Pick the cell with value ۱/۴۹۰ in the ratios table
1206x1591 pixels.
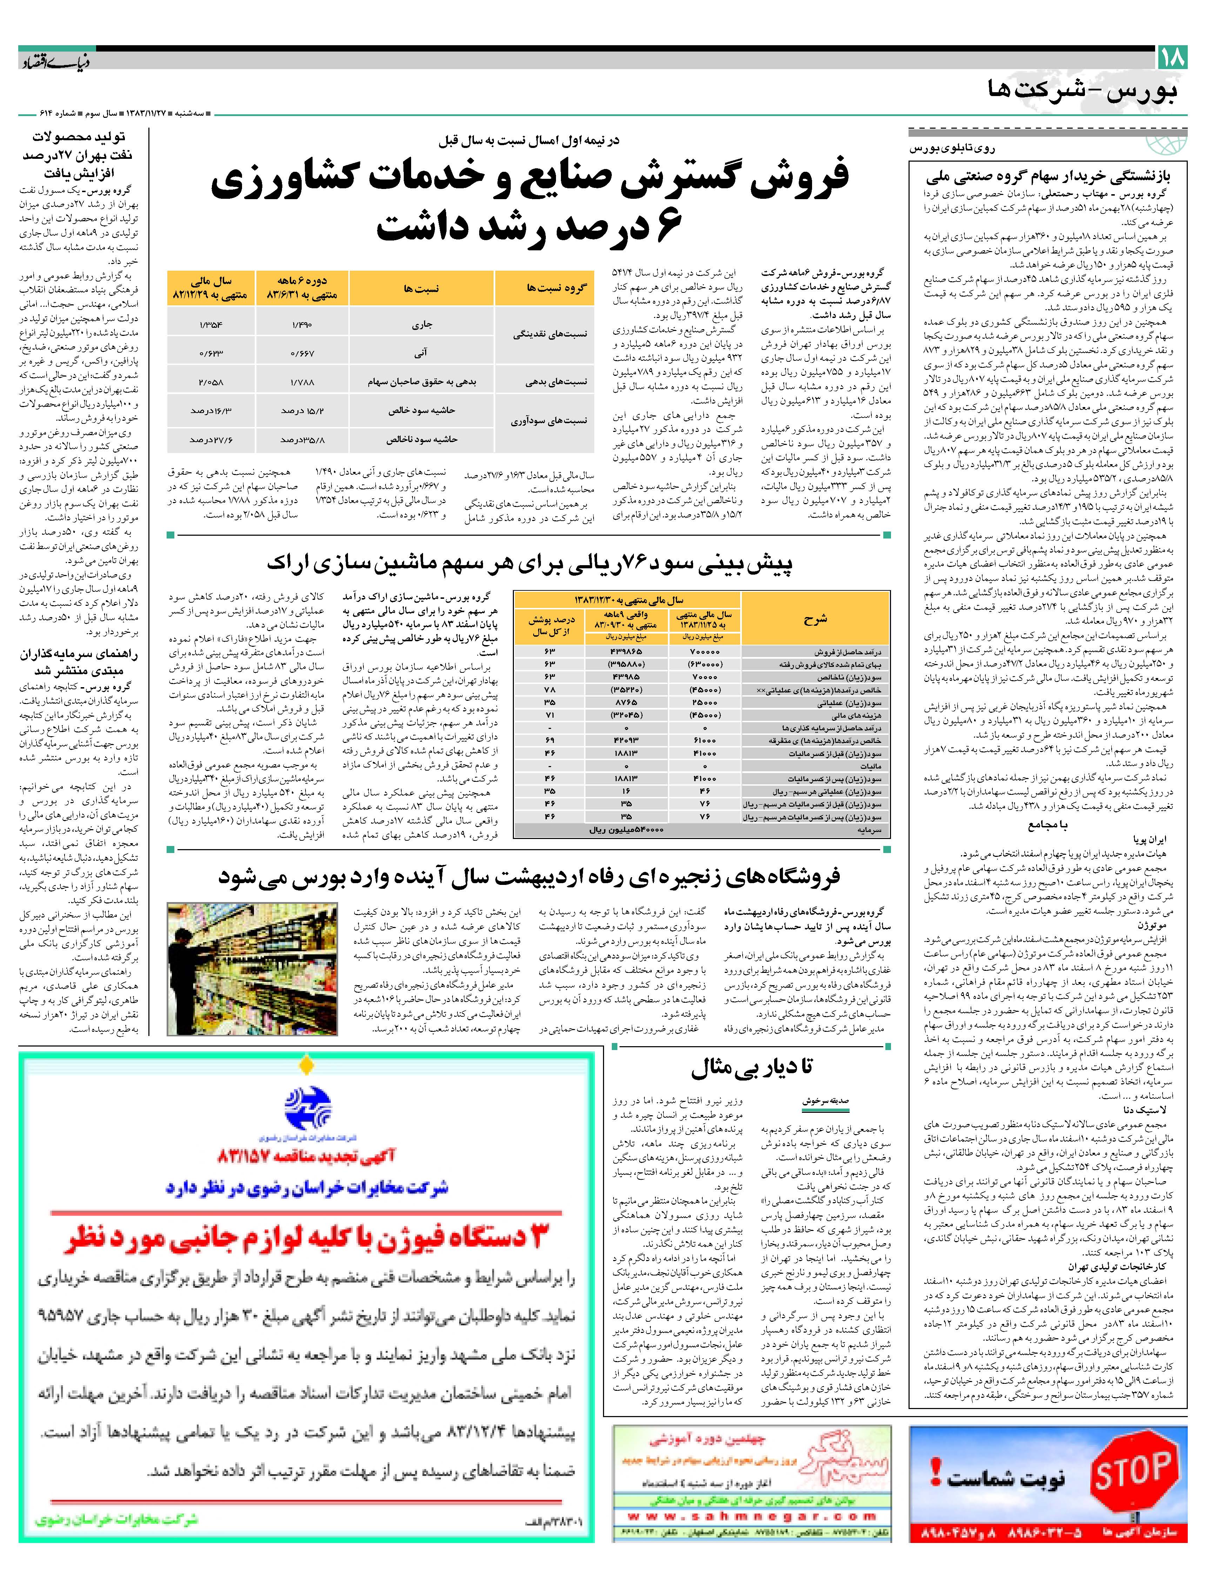pos(302,324)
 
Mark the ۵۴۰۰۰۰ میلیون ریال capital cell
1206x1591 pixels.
pos(626,830)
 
